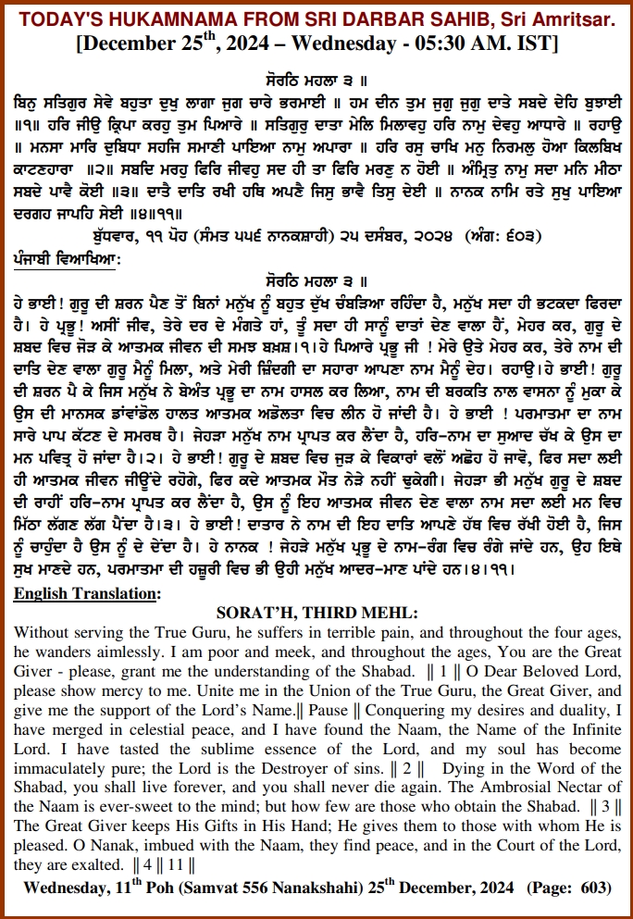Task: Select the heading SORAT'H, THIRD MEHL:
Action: tap(316, 612)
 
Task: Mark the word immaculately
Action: tap(66, 767)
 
